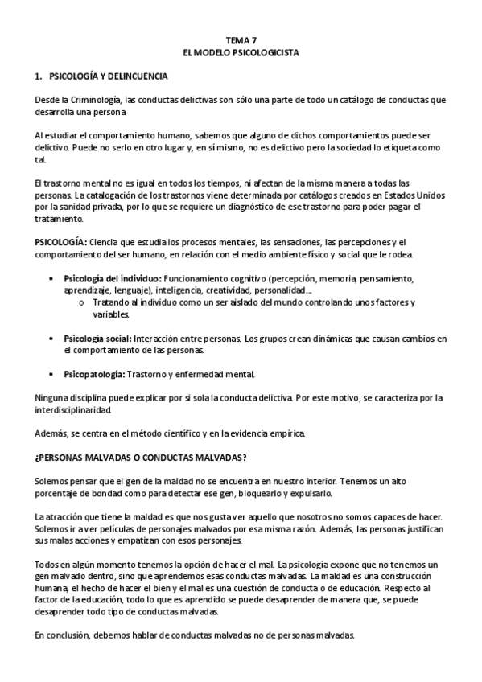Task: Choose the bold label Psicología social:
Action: [x=97, y=339]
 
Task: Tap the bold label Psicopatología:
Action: [x=93, y=374]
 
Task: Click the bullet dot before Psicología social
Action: [x=53, y=339]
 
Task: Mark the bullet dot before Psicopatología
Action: [x=53, y=374]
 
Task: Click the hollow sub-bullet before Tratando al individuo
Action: [x=82, y=302]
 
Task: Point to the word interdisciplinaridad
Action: [x=77, y=409]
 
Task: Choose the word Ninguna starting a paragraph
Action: [x=51, y=398]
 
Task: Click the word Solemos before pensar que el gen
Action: [x=51, y=480]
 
